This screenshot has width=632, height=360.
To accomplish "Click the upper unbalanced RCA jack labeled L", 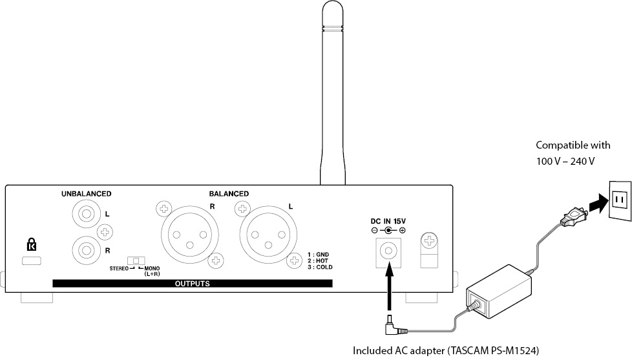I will pyautogui.click(x=87, y=213).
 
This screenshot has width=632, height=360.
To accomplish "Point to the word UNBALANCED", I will pyautogui.click(x=86, y=193).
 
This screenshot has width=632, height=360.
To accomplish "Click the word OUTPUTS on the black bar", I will pyautogui.click(x=192, y=283).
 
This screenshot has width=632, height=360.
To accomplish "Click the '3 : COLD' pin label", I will pyautogui.click(x=321, y=266).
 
